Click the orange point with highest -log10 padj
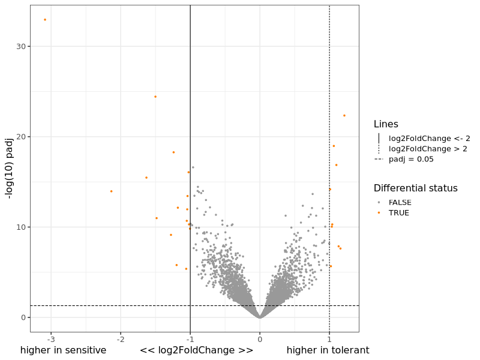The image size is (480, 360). coord(44,20)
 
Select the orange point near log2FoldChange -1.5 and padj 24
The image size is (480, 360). coord(155,97)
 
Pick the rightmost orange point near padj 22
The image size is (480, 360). coord(344,116)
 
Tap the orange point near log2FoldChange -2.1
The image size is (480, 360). coord(111,191)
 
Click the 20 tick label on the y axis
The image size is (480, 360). coord(20,137)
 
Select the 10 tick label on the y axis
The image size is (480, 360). coord(20,227)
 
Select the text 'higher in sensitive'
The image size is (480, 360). coord(63,350)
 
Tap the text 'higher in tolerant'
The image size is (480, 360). coord(328,350)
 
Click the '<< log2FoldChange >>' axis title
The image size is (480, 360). coord(196,350)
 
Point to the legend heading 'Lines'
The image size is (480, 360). coord(386,124)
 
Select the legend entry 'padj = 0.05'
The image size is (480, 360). coord(411,159)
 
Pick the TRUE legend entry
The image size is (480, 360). coord(399,213)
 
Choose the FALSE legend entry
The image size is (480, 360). coord(400,202)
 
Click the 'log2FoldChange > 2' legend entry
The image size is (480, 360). coord(428,149)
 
